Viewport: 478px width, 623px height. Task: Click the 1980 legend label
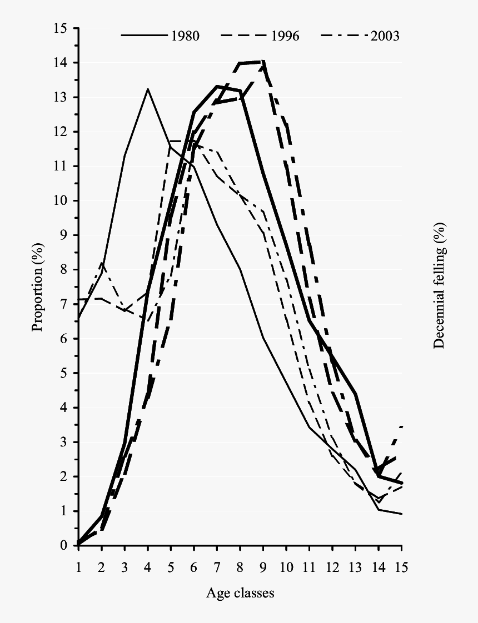pyautogui.click(x=185, y=36)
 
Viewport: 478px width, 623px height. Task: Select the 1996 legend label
pyautogui.click(x=285, y=36)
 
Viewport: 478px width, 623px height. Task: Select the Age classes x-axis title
pyautogui.click(x=240, y=593)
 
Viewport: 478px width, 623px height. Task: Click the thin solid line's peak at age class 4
pyautogui.click(x=148, y=88)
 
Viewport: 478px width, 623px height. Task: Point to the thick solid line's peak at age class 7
pyautogui.click(x=217, y=86)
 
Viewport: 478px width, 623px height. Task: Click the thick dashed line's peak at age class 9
pyautogui.click(x=263, y=61)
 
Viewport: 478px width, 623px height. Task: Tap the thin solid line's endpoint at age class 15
pyautogui.click(x=401, y=514)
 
